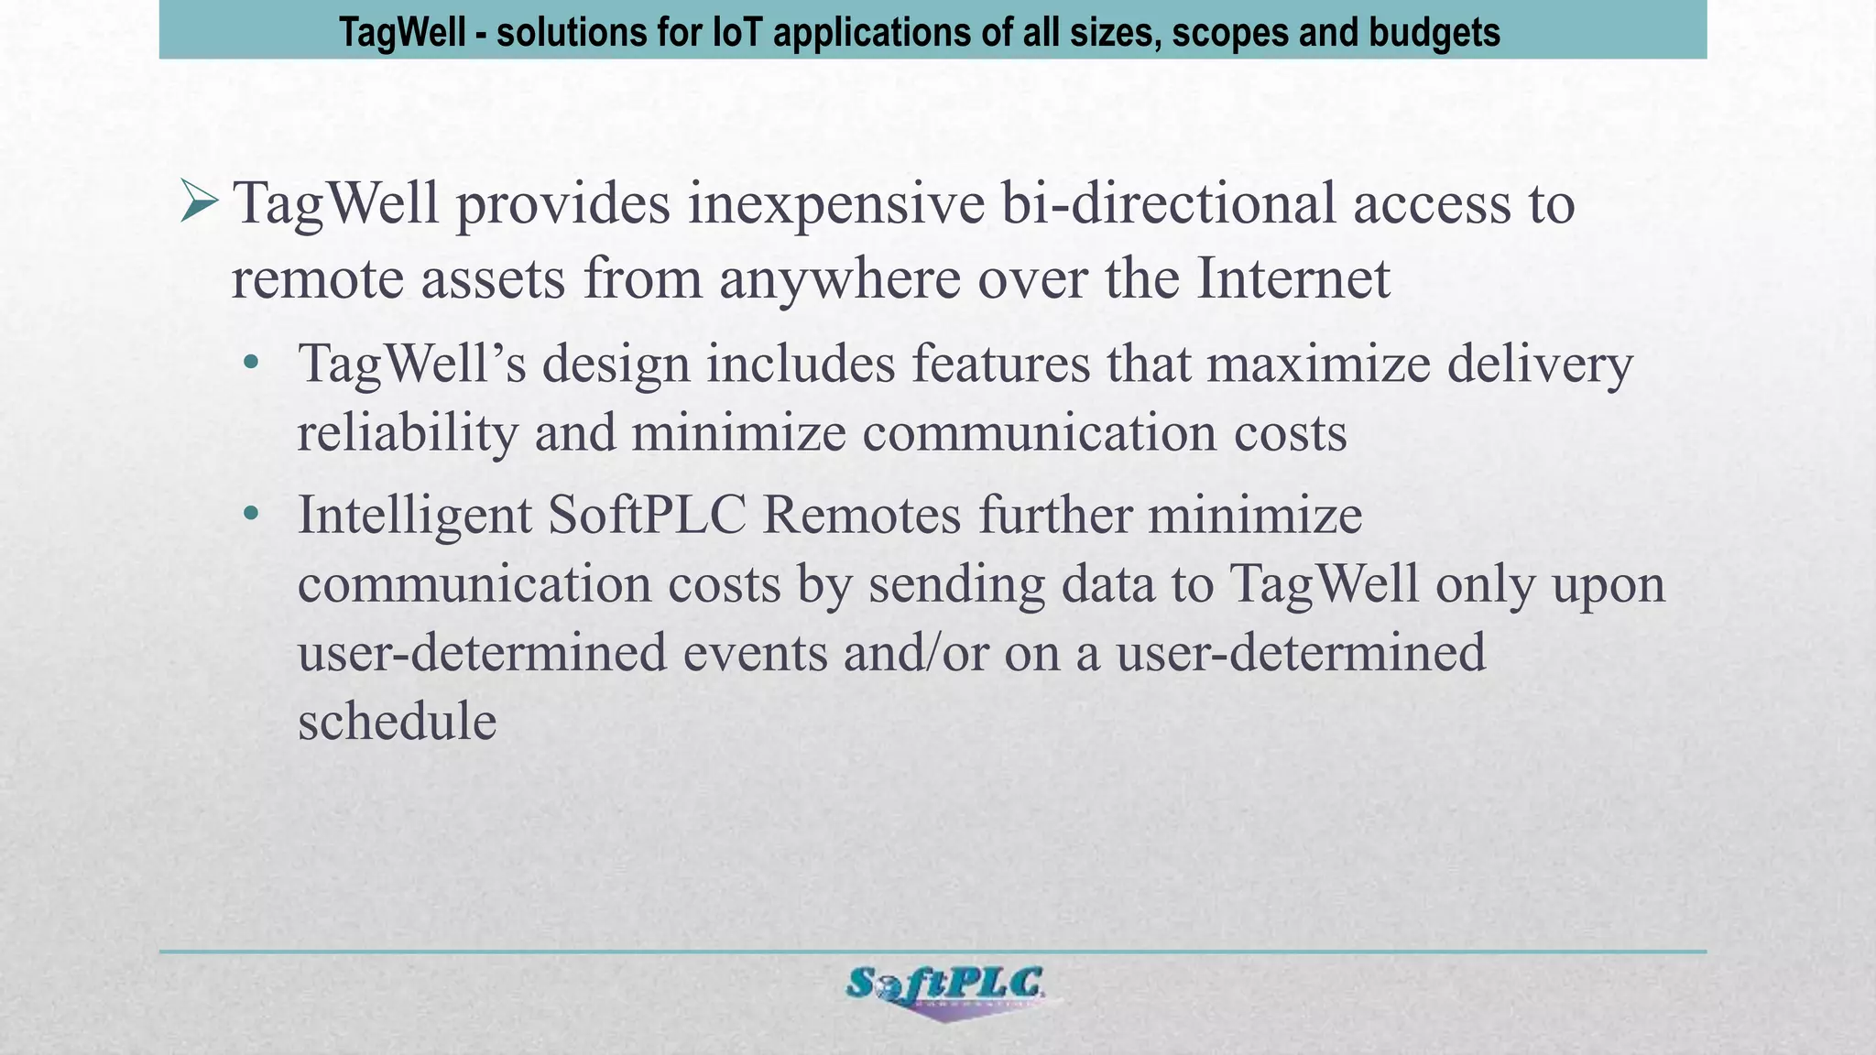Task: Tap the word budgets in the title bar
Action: coord(1434,33)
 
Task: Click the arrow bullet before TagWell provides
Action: coord(200,202)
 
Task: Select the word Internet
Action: coord(1293,277)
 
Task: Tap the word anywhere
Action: coord(839,279)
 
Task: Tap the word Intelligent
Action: coord(414,516)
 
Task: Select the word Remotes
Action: coord(861,515)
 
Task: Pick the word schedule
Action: coord(398,721)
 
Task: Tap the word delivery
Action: coord(1540,364)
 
